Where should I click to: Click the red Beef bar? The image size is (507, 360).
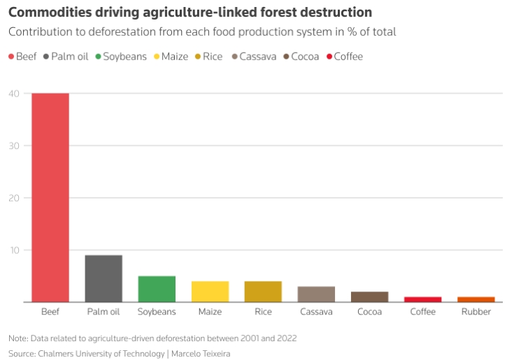click(x=50, y=198)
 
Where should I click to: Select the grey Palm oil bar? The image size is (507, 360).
click(x=103, y=278)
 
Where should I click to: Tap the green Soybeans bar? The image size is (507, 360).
click(x=157, y=289)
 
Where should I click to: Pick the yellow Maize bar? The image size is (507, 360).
click(x=210, y=291)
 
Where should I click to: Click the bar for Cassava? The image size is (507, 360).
click(x=317, y=294)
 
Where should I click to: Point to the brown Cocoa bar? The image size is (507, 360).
click(x=370, y=297)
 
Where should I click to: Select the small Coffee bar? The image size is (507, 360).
click(x=423, y=299)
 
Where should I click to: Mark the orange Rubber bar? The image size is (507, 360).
click(x=476, y=299)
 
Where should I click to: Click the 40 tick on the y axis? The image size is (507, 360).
click(x=14, y=94)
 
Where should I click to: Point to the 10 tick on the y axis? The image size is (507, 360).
click(x=14, y=250)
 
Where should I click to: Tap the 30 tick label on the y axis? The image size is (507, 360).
click(x=14, y=146)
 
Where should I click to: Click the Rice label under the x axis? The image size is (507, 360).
click(x=263, y=312)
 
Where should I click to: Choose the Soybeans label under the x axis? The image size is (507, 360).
click(x=157, y=312)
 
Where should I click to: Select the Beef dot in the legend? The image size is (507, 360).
click(x=12, y=56)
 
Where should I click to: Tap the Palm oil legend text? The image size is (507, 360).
click(x=70, y=56)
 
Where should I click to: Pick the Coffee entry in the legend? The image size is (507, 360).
click(x=348, y=56)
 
